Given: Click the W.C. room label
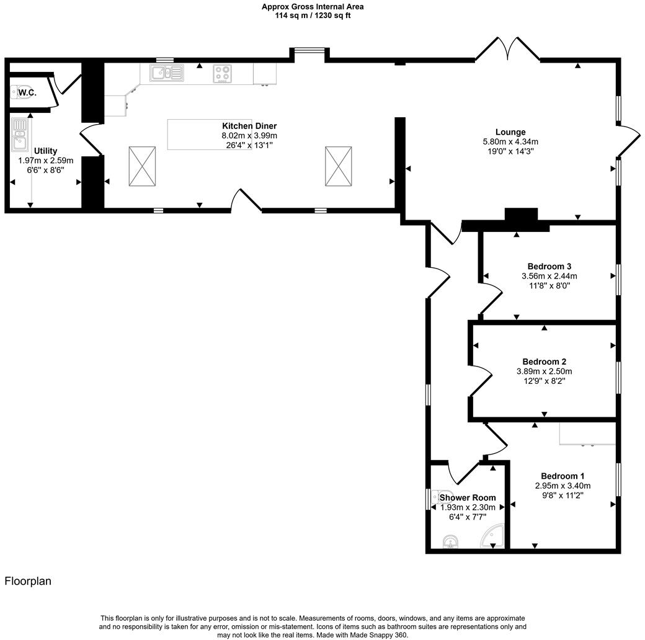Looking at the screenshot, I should click(x=26, y=93).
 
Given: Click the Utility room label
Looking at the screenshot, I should click(x=46, y=151).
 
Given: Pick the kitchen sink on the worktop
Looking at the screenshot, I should click(x=166, y=74).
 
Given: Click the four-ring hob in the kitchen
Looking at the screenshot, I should click(x=223, y=74).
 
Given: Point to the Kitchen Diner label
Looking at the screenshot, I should click(x=249, y=126).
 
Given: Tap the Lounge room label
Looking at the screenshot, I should click(x=510, y=131).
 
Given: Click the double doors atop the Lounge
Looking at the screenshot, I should click(x=507, y=50).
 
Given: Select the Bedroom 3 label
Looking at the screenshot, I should click(x=549, y=266).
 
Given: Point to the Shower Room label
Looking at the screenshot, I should click(x=468, y=497).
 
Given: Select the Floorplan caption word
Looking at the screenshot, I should click(x=28, y=581).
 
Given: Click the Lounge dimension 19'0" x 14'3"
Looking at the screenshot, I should click(x=510, y=151).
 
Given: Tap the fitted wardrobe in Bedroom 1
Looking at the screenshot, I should click(x=587, y=433).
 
